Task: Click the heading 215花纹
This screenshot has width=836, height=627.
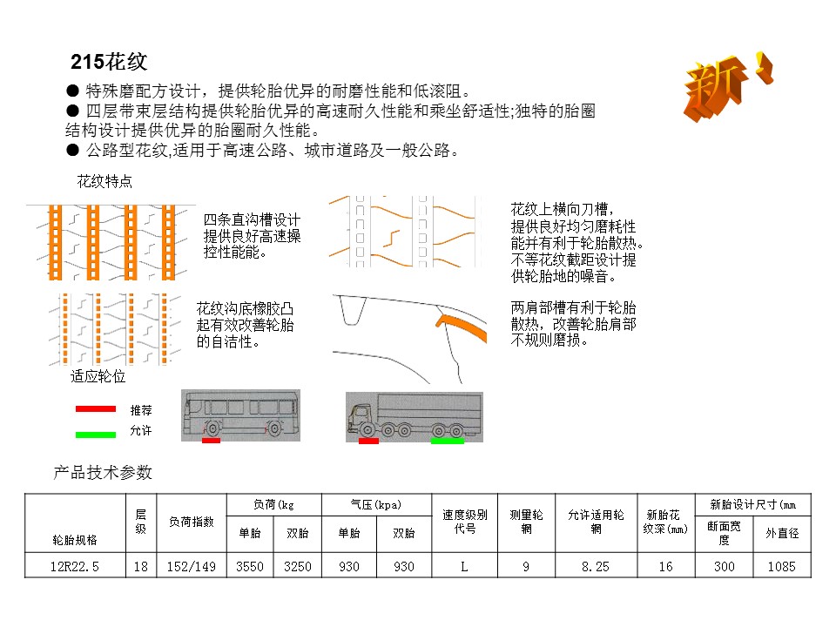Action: coord(109,63)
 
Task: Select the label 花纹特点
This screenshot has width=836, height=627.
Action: coord(104,182)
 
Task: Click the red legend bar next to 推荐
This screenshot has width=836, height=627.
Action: coord(95,408)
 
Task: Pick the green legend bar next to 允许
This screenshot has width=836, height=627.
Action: coord(95,433)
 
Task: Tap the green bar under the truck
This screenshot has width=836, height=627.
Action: coord(448,441)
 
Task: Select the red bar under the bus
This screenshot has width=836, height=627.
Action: coord(211,441)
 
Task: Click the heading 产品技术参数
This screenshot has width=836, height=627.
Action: coord(103,473)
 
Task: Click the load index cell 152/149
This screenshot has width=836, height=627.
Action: coord(191,567)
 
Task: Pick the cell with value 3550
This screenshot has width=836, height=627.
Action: coord(250,567)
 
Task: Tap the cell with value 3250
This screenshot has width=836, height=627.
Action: coord(297,567)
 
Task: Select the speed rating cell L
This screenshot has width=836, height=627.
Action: coord(464,567)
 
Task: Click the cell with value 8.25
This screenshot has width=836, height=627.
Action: coord(596,567)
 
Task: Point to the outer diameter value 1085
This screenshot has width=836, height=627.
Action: coord(781,567)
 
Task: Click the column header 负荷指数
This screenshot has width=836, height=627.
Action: coord(191,522)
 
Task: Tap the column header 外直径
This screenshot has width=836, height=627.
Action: coord(781,533)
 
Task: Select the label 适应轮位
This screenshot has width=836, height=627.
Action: coord(98,377)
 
